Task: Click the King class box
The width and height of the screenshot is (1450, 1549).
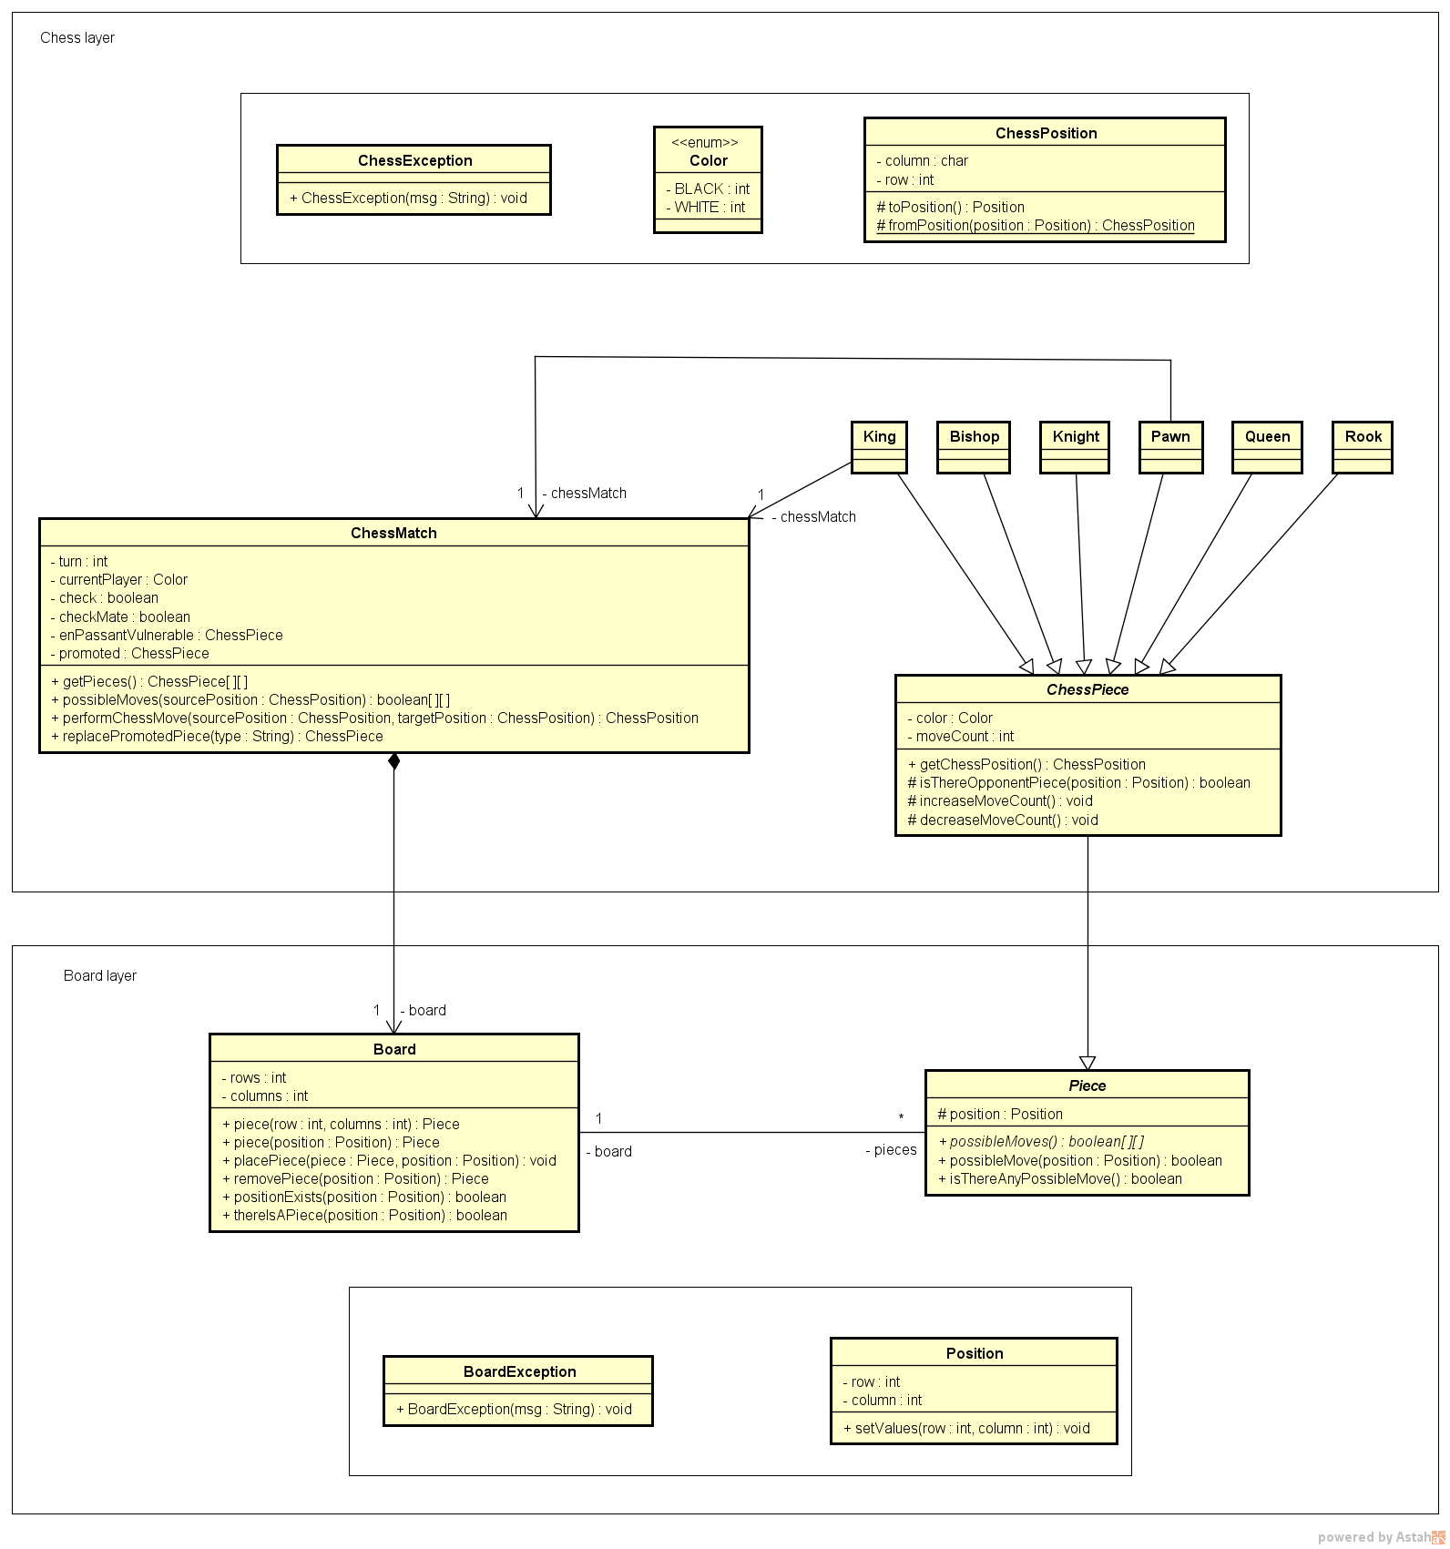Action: coord(879,446)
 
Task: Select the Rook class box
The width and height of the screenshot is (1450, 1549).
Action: coord(1363,446)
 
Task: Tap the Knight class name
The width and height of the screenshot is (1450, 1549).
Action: coord(1076,436)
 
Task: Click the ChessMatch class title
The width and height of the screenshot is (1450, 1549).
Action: coord(393,533)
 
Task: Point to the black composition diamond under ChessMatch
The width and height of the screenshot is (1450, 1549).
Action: coord(393,762)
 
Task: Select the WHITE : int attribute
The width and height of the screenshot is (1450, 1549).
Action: coord(706,207)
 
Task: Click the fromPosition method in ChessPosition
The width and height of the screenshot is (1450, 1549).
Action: coord(1036,225)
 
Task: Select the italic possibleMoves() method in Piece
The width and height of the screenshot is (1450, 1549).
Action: coord(1041,1141)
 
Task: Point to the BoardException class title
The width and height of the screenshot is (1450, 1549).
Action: coord(519,1371)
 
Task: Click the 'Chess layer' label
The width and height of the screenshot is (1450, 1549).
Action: coord(77,37)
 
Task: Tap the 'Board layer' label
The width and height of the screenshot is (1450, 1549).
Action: coord(100,975)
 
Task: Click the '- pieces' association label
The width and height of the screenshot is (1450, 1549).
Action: coord(891,1150)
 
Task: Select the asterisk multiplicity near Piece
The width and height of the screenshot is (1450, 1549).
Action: coord(901,1118)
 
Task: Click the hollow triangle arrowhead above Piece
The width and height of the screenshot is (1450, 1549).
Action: coord(1087,1063)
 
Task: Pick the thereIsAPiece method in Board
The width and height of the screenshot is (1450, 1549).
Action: coord(364,1215)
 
